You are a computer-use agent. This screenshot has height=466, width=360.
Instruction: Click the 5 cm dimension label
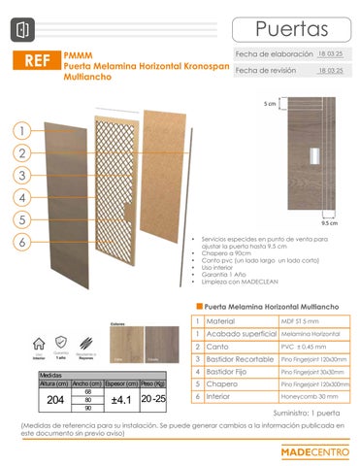click(x=270, y=102)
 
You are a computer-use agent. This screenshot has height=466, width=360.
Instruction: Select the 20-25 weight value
click(x=153, y=399)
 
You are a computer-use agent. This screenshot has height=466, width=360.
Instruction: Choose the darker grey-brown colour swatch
click(x=160, y=344)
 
